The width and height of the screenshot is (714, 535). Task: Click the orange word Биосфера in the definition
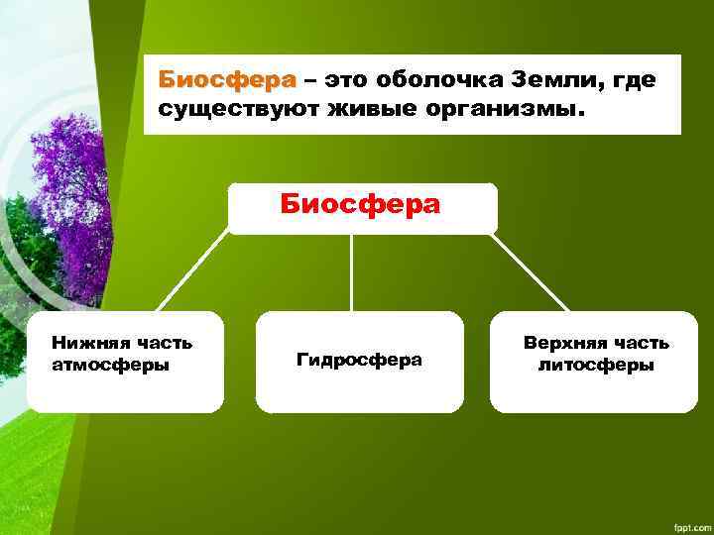click(x=228, y=79)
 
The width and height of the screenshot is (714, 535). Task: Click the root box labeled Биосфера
click(x=361, y=206)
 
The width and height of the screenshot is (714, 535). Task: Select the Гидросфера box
click(x=359, y=361)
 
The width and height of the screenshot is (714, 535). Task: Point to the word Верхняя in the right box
click(x=562, y=344)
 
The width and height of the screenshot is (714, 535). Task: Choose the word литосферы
click(x=596, y=365)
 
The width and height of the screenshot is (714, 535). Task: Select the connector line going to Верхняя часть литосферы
click(x=532, y=272)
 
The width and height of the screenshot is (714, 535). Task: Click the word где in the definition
click(x=634, y=79)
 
